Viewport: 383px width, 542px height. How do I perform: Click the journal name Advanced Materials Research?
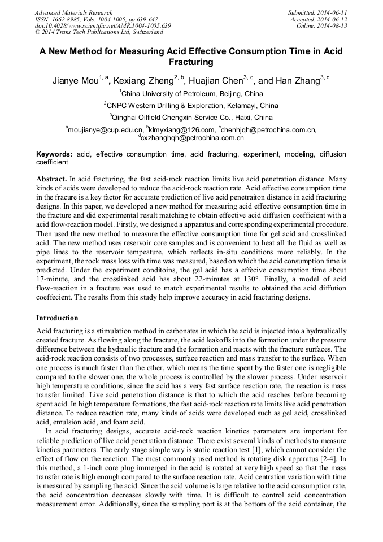[x=73, y=12]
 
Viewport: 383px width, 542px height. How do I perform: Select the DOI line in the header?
[x=103, y=25]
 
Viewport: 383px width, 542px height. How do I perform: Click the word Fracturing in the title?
[x=191, y=62]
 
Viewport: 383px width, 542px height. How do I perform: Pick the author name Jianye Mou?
[x=75, y=81]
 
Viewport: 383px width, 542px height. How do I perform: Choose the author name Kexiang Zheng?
[x=143, y=81]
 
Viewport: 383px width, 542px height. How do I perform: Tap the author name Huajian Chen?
[x=214, y=81]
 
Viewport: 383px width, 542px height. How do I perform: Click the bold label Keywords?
[x=54, y=154]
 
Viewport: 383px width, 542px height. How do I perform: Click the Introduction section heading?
[x=57, y=318]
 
